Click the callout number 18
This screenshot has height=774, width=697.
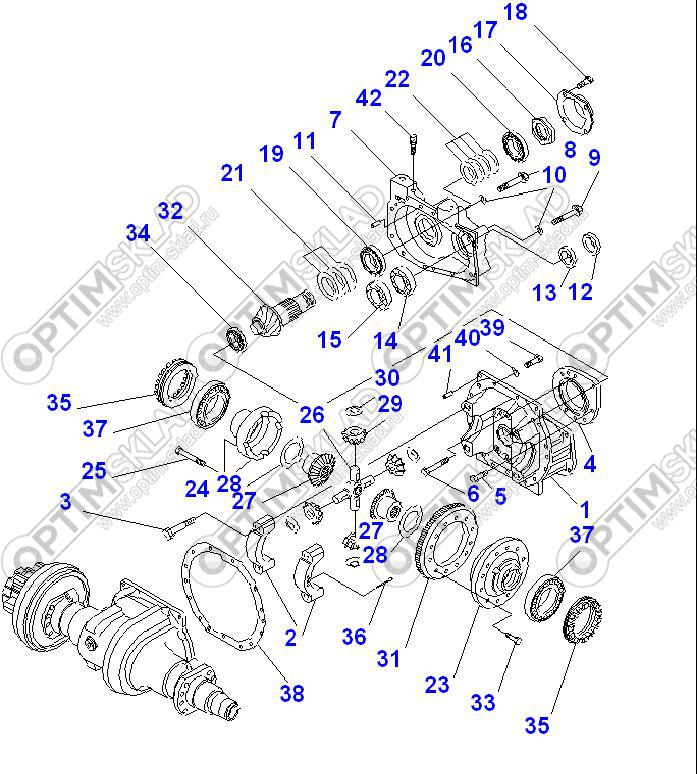pos(514,12)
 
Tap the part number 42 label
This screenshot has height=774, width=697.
pos(368,100)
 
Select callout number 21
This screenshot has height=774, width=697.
pos(232,173)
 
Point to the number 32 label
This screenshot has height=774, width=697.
pos(171,211)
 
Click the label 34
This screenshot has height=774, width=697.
pos(138,233)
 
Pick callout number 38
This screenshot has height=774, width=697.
pos(291,693)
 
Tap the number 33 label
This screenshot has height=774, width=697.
pos(483,703)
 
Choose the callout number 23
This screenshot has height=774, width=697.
pos(437,685)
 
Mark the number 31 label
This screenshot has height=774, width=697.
pos(388,658)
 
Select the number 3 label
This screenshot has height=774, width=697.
pos(65,501)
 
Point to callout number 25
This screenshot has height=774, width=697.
pos(93,469)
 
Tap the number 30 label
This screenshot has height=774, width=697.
pos(387,377)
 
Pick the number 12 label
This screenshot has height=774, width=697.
pos(581,292)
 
